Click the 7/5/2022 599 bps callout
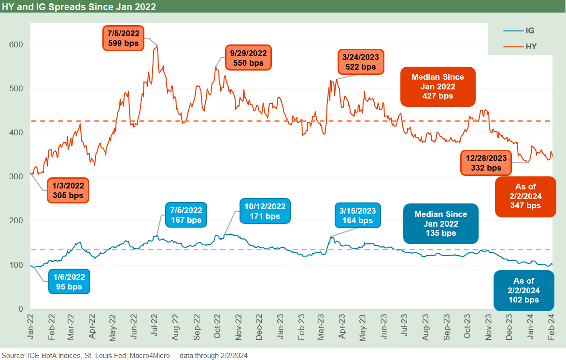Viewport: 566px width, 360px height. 123,38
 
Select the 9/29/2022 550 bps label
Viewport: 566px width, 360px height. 249,58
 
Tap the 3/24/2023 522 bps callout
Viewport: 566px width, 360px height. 360,61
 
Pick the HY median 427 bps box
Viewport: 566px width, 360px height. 438,86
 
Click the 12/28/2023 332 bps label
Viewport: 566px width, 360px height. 486,162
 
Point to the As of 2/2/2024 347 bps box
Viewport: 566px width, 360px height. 525,196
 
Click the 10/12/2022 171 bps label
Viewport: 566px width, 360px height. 265,211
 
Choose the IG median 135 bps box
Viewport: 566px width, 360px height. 440,224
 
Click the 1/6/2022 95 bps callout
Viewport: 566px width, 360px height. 69,281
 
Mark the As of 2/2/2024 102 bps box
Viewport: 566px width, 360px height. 524,290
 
